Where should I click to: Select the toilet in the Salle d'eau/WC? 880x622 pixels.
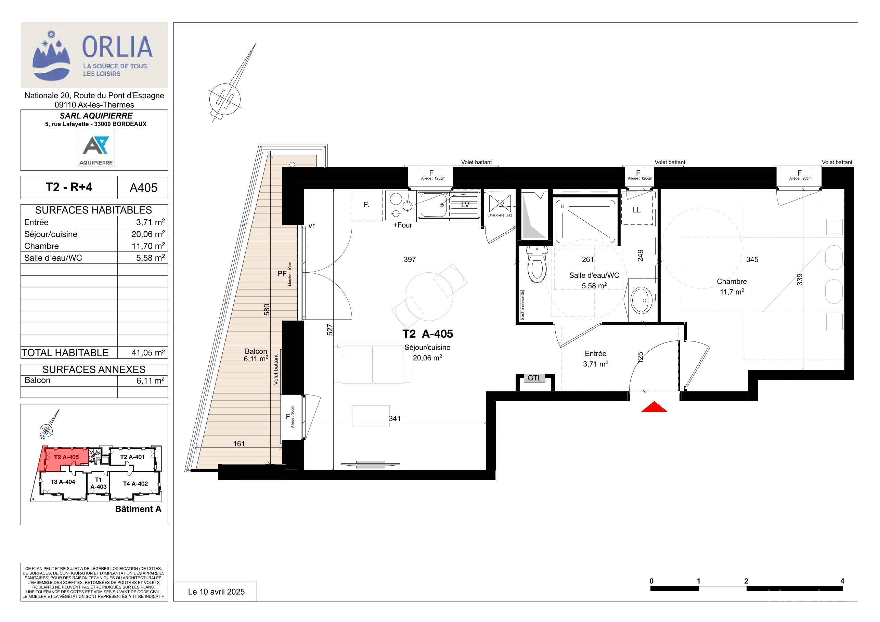point(536,264)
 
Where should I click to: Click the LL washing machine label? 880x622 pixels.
point(637,210)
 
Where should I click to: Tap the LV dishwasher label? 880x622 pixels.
point(465,205)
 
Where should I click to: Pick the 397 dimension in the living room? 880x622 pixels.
point(410,259)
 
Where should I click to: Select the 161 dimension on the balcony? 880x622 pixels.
point(239,444)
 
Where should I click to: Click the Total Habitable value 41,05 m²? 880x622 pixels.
point(148,353)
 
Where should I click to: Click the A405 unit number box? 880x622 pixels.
point(143,187)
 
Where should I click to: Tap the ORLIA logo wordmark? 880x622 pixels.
point(117,47)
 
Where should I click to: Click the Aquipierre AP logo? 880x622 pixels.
point(96,148)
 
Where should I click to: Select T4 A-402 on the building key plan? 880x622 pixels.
point(135,484)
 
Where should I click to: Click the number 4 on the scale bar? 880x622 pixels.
point(842,581)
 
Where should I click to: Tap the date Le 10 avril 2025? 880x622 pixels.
point(216,592)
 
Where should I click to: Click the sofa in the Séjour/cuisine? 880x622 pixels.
point(372,364)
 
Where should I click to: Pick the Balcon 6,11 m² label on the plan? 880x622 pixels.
point(256,355)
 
